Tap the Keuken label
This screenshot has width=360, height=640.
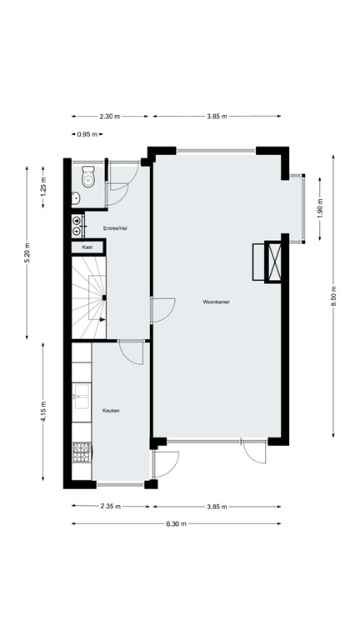[x=111, y=411]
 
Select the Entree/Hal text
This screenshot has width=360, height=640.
[x=115, y=228]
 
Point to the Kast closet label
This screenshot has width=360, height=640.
[x=87, y=247]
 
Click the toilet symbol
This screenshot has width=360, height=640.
[x=88, y=177]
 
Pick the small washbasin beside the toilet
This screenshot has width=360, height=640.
[x=75, y=198]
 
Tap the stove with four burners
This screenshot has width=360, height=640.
[x=82, y=452]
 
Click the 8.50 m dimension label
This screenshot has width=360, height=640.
[x=333, y=295]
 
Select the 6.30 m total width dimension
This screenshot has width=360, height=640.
[x=175, y=523]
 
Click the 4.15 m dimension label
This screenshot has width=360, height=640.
[x=42, y=412]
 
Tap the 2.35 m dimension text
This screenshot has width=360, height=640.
[x=110, y=506]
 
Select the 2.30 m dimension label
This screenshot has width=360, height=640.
[x=110, y=117]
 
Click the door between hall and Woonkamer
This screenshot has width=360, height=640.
[x=162, y=310]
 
